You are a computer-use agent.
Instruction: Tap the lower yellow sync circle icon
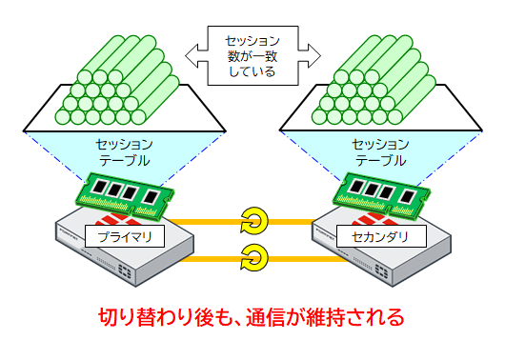point(253,255)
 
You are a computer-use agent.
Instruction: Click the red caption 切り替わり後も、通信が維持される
point(252,315)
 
